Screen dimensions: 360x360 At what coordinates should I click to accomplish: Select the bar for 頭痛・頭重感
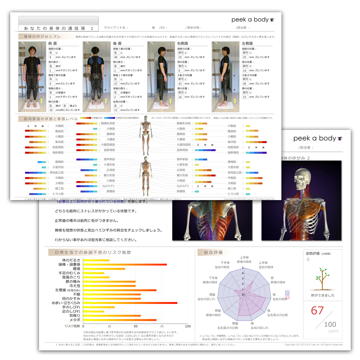[x=125, y=265]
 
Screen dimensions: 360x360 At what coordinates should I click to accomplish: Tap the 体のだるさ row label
[x=71, y=260]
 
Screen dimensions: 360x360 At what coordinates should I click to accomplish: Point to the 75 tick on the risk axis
[x=162, y=326]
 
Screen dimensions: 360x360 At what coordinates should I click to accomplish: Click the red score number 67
[x=317, y=310]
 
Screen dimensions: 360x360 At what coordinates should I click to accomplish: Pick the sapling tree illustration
[x=322, y=279]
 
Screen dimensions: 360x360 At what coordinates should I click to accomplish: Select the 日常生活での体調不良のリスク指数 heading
[x=93, y=253]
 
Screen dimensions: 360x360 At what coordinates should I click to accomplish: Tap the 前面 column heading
[x=53, y=43]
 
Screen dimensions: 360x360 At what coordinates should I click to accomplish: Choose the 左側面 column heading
[x=247, y=43]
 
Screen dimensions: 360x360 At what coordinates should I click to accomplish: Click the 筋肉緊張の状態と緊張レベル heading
[x=50, y=119]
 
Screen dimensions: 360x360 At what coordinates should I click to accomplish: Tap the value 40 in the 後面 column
[x=116, y=57]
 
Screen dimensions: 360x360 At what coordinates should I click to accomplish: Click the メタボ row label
[x=75, y=320]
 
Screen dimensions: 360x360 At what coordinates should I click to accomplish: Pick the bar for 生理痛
[x=120, y=290]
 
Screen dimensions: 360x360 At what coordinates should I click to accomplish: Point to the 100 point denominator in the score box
[x=330, y=324]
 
